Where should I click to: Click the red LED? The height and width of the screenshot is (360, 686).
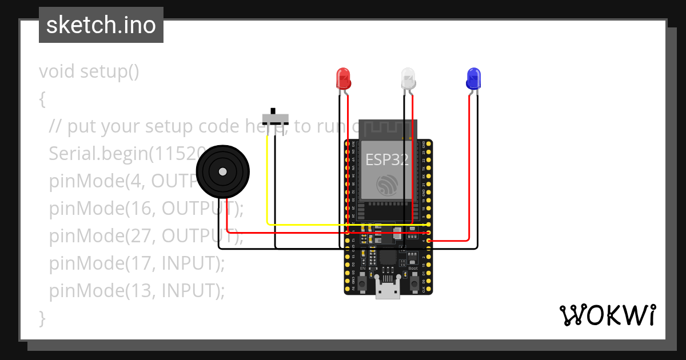[x=343, y=78]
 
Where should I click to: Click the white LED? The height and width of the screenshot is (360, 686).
[x=408, y=78]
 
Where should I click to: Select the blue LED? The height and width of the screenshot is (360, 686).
[x=473, y=78]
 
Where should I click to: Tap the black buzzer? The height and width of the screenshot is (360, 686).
[x=223, y=171]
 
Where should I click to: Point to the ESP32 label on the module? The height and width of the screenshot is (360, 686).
[x=387, y=159]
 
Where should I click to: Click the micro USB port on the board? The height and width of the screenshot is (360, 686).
[x=388, y=291]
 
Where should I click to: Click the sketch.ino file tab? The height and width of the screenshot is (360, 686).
[x=101, y=25]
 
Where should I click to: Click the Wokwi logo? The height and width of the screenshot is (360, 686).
[x=607, y=315]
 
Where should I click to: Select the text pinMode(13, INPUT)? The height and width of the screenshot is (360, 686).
[x=137, y=291]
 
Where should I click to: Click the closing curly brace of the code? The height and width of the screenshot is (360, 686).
[x=42, y=318]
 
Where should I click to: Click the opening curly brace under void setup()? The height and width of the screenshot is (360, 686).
[x=42, y=99]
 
